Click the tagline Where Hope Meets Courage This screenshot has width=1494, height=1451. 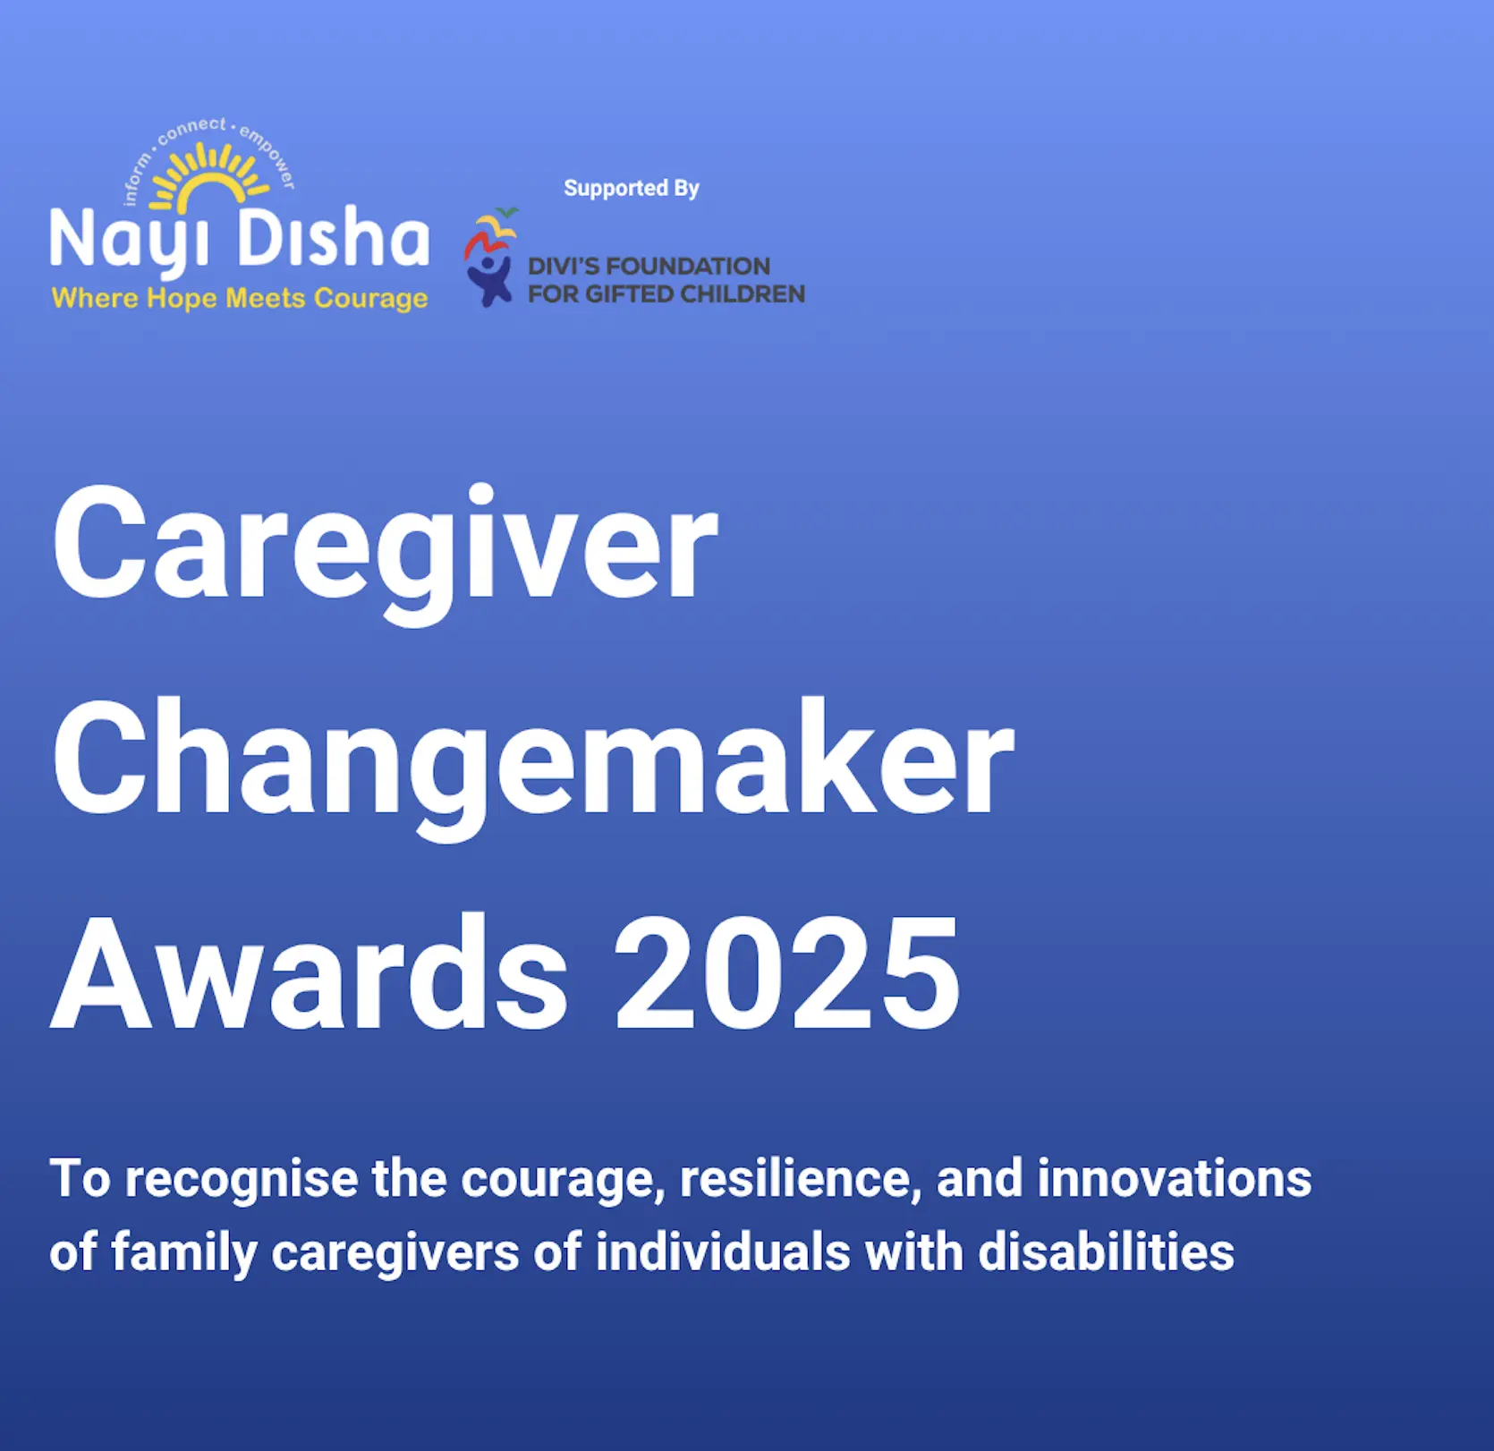pos(240,298)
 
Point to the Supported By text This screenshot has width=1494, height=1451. pos(632,188)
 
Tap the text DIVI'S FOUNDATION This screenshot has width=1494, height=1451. pos(649,266)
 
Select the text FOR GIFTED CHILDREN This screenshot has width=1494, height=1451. pos(666,293)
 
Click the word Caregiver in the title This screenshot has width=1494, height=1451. pos(386,549)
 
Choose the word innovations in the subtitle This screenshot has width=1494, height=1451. pos(1175,1178)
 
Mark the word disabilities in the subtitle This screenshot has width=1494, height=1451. pos(1107,1252)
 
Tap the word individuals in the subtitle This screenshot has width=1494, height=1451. pos(723,1252)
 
